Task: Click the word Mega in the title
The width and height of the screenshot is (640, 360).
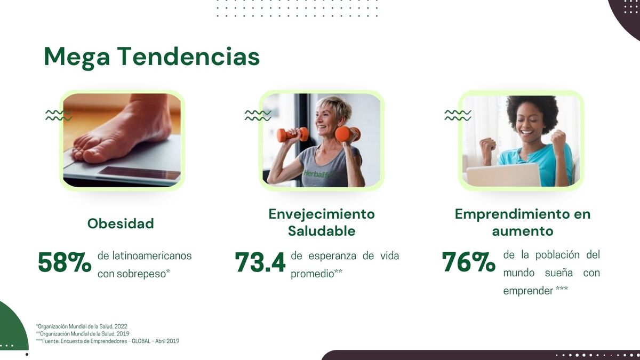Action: [x=77, y=58]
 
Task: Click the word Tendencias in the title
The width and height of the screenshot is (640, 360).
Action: [x=189, y=57]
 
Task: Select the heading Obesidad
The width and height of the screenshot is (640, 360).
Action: [x=121, y=223]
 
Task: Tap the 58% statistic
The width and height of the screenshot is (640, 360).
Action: [x=65, y=262]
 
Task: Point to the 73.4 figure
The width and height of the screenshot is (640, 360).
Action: [x=260, y=262]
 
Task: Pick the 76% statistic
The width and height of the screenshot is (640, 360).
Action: [x=469, y=262]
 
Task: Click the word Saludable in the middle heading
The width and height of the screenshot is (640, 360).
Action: [x=322, y=231]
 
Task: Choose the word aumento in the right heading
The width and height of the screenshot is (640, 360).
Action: [x=523, y=231]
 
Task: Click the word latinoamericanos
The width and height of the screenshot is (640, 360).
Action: [x=151, y=255]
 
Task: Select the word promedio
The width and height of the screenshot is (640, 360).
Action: [x=313, y=274]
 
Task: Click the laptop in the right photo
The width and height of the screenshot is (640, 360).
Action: [x=503, y=174]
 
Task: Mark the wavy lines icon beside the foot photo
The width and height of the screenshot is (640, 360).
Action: [x=59, y=115]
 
